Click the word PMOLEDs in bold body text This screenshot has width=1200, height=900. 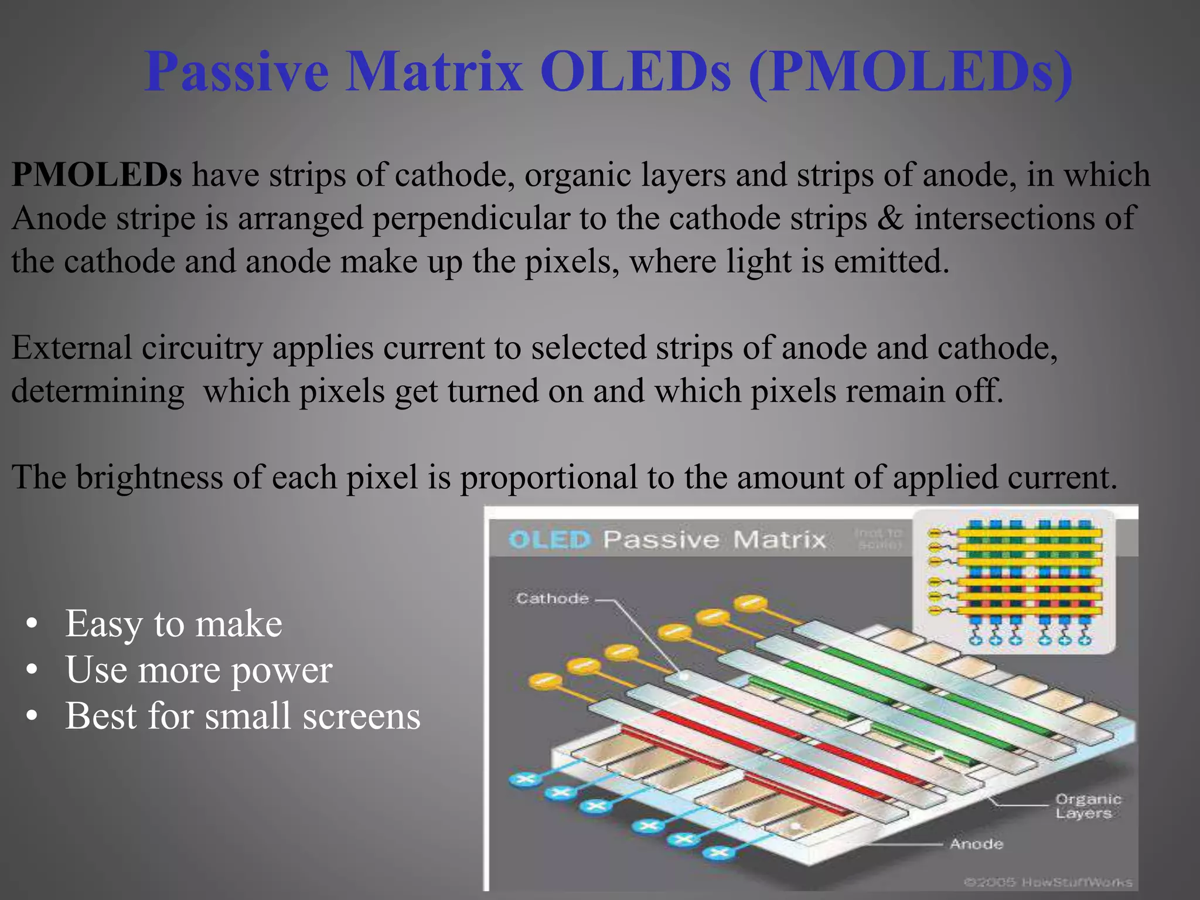[x=97, y=175]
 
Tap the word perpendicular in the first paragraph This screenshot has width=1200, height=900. [x=471, y=219]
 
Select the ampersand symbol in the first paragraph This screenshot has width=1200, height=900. [x=890, y=218]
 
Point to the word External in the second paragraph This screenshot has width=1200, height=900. [x=71, y=347]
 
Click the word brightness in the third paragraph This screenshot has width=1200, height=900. [x=149, y=477]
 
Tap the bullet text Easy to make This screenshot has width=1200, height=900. [x=173, y=623]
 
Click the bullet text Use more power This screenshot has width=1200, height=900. [x=199, y=670]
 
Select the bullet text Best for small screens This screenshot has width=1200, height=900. [x=243, y=716]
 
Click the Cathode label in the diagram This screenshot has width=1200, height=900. [x=552, y=598]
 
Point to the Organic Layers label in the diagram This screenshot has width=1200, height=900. [x=1087, y=806]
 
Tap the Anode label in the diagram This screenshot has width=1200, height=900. [x=976, y=844]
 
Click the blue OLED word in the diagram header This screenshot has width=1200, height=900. [x=549, y=540]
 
